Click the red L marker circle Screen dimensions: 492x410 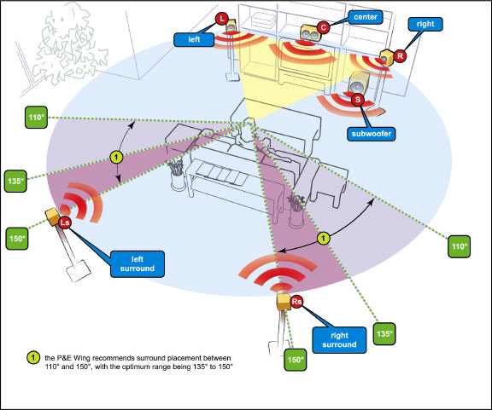pyautogui.click(x=222, y=19)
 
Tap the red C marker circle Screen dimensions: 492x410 pyautogui.click(x=323, y=27)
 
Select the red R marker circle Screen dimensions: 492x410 pyautogui.click(x=400, y=56)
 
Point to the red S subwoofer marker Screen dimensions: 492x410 pyautogui.click(x=357, y=100)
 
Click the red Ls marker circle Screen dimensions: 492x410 pyautogui.click(x=65, y=222)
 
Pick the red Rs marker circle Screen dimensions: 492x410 pyautogui.click(x=296, y=302)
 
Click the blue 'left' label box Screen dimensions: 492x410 pyautogui.click(x=194, y=39)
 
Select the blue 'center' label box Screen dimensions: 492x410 pyautogui.click(x=366, y=17)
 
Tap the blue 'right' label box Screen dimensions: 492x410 pyautogui.click(x=425, y=24)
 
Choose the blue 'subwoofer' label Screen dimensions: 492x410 pyautogui.click(x=372, y=134)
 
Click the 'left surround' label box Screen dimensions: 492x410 pyautogui.click(x=138, y=263)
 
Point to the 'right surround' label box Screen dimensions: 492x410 pyautogui.click(x=339, y=340)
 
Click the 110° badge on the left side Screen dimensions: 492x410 pyautogui.click(x=36, y=117)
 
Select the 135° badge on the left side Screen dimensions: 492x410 pyautogui.click(x=15, y=181)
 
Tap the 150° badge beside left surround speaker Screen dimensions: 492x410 pyautogui.click(x=16, y=239)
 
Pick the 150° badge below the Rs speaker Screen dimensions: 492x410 pyautogui.click(x=296, y=360)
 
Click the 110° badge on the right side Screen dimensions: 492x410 pyautogui.click(x=459, y=246)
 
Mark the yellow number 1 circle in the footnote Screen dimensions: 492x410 pyautogui.click(x=33, y=358)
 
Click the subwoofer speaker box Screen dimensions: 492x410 pyautogui.click(x=359, y=83)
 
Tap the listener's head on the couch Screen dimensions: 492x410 pyautogui.click(x=250, y=122)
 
